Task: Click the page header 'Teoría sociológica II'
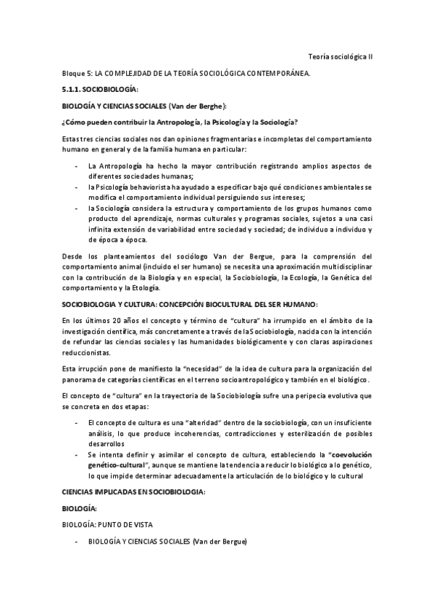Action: coord(340,56)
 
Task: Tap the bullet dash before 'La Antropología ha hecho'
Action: coord(78,167)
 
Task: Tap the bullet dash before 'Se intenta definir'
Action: coord(78,455)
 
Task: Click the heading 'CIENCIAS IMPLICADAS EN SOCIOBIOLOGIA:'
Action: coord(134,492)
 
